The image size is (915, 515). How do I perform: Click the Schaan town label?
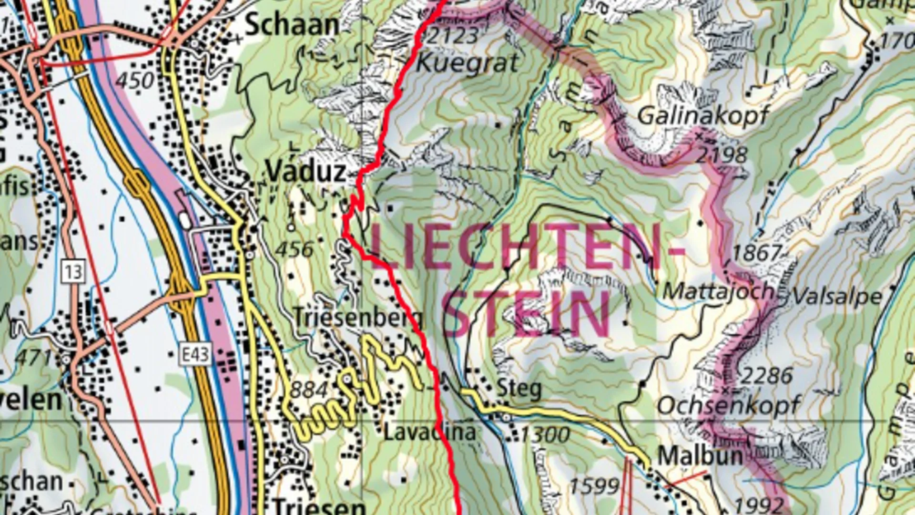click(292, 25)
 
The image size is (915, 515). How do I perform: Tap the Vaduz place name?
click(306, 171)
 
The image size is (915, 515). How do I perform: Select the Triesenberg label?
click(357, 317)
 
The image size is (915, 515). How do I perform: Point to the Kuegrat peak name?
click(467, 63)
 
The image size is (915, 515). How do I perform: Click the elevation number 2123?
click(453, 36)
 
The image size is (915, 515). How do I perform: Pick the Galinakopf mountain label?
click(703, 115)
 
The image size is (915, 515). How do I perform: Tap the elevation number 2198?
click(722, 155)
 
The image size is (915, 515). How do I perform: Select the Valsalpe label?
click(837, 297)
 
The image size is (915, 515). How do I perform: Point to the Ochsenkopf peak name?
click(729, 406)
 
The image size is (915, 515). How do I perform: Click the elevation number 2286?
click(766, 376)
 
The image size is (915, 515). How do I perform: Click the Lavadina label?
click(429, 433)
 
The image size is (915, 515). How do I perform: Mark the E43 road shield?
click(195, 354)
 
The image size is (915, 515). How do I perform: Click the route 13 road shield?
click(73, 272)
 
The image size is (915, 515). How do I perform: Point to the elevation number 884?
click(308, 390)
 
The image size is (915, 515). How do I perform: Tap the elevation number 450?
click(135, 81)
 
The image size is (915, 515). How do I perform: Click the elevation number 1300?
click(545, 434)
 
